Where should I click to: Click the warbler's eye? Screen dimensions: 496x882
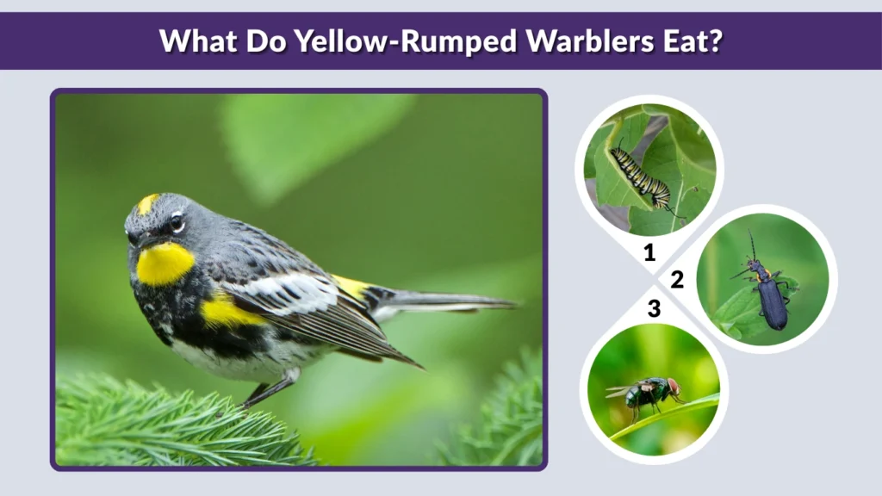(x=177, y=222)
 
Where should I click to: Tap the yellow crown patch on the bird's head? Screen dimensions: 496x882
(x=148, y=203)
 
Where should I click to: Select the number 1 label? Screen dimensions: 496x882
(x=649, y=252)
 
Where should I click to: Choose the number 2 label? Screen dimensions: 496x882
(x=677, y=279)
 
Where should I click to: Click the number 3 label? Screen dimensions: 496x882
(x=654, y=307)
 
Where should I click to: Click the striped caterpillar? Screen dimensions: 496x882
(x=641, y=177)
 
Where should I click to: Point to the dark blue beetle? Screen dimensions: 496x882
(x=770, y=297)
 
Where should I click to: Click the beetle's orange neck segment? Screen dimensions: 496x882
(x=761, y=275)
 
